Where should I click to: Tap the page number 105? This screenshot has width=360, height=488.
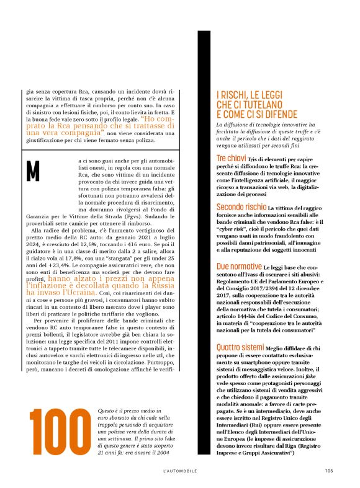point(328,470)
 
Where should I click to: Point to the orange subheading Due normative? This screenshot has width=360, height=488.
point(238,267)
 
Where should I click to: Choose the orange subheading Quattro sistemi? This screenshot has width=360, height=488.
point(241,329)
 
